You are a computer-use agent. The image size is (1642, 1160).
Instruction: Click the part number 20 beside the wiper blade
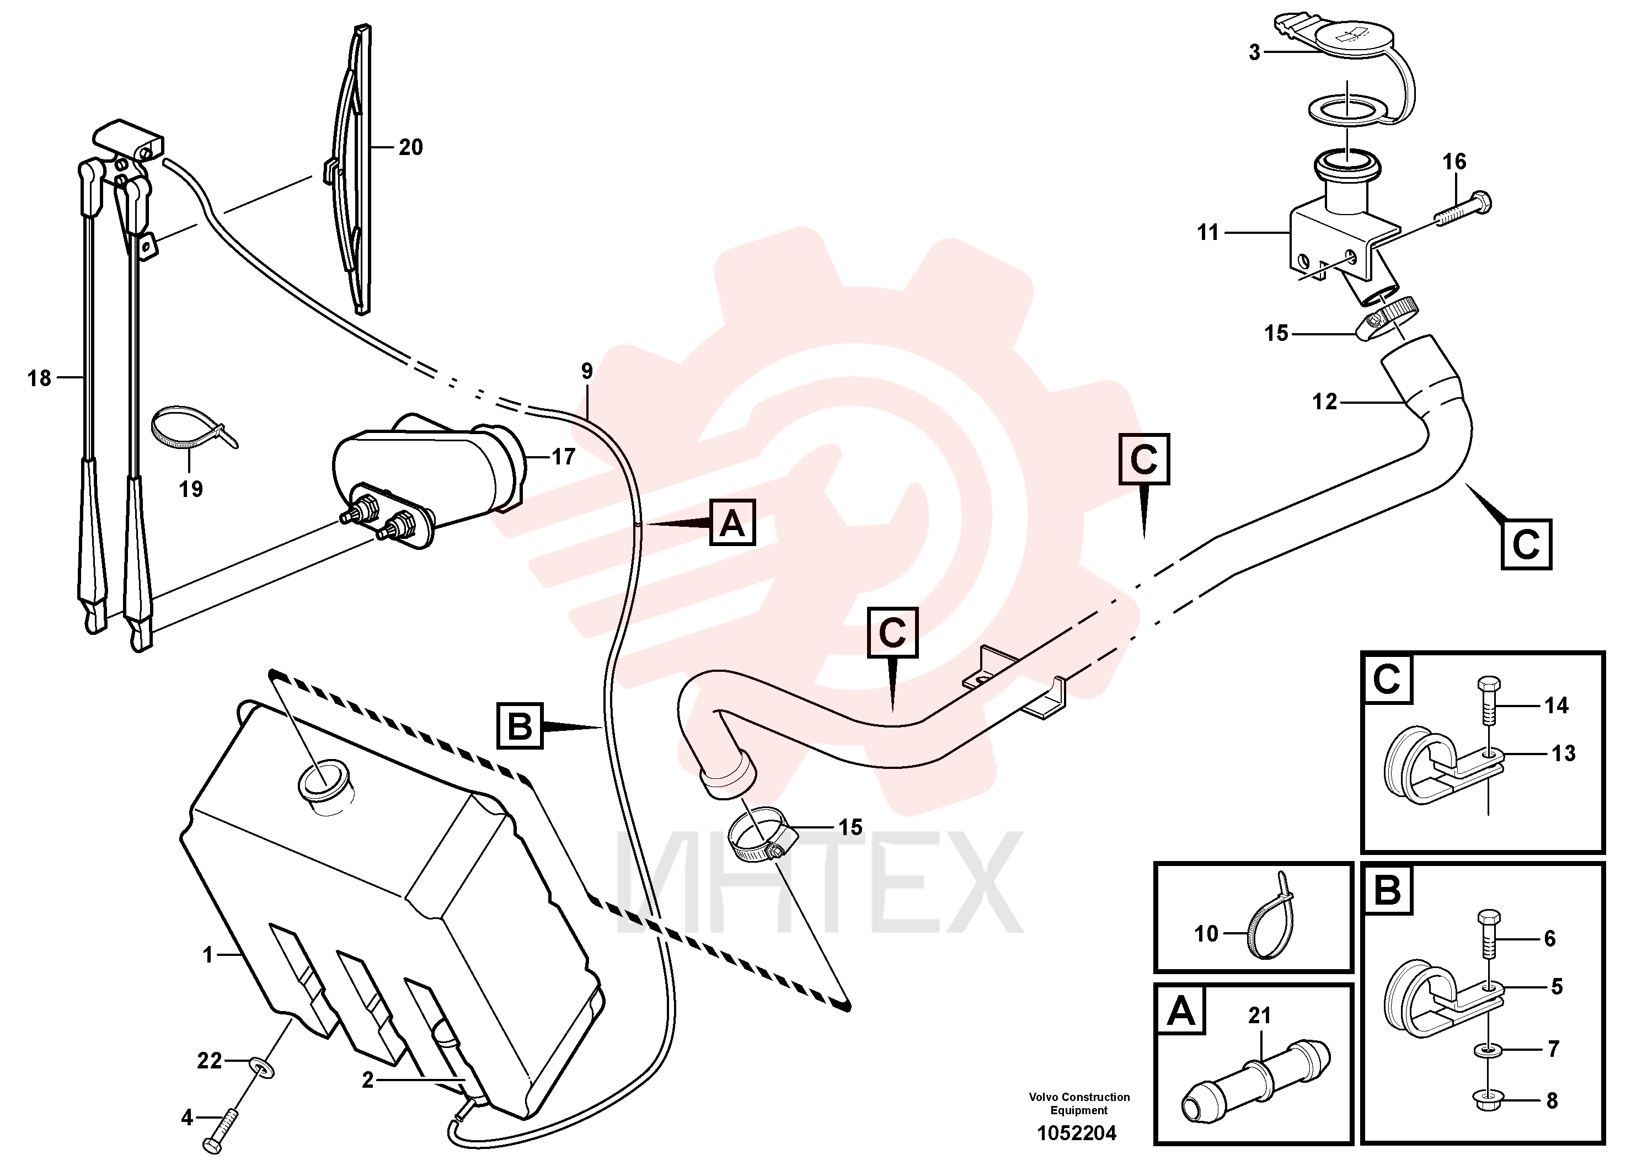(x=410, y=147)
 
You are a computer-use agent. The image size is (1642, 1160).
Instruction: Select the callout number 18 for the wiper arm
(x=39, y=378)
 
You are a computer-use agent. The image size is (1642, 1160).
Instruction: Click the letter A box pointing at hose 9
(x=732, y=523)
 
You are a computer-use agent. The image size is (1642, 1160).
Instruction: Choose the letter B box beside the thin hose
(x=520, y=726)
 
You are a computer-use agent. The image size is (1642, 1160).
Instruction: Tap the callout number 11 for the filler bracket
(x=1208, y=232)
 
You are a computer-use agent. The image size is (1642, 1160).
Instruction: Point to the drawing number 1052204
(x=1077, y=1134)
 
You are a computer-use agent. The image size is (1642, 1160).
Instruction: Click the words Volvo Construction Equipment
(x=1079, y=1104)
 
